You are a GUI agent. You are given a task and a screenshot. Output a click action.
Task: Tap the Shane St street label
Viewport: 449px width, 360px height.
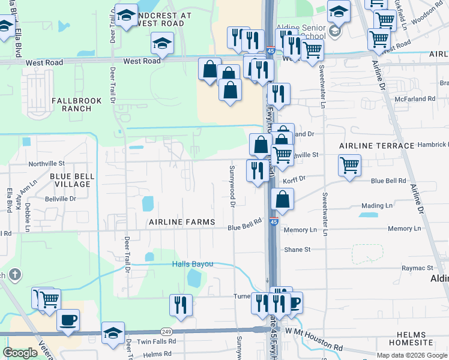[x=297, y=250]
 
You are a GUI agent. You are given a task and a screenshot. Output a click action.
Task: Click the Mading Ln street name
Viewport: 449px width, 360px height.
[x=377, y=206]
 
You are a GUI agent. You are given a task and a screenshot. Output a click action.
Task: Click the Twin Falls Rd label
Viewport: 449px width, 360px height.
[x=157, y=341]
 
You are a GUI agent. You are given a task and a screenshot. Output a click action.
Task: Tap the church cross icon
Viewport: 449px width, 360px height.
[x=15, y=275]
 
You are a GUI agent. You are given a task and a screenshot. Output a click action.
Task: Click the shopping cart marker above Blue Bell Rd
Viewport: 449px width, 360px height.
[x=349, y=164]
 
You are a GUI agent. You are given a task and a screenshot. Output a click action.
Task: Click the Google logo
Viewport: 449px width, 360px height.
[x=20, y=353]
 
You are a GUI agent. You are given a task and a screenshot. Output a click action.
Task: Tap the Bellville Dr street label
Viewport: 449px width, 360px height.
[x=61, y=198]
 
